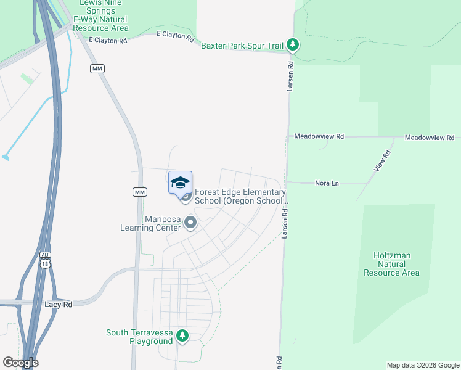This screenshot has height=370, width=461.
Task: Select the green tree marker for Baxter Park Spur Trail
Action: click(294, 45)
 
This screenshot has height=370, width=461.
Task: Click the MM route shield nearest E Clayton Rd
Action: click(97, 68)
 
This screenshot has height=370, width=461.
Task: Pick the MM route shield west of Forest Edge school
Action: click(140, 192)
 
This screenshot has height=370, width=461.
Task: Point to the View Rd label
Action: click(382, 161)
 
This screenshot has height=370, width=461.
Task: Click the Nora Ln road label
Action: click(327, 183)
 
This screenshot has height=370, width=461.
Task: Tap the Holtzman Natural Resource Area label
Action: click(396, 264)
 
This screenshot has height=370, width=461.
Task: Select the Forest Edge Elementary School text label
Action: click(241, 196)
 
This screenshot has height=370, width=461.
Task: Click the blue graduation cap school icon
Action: click(180, 183)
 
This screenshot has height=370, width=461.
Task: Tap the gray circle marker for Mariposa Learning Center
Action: click(190, 223)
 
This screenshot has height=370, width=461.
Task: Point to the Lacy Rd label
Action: click(59, 305)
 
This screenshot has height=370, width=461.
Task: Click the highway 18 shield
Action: click(44, 263)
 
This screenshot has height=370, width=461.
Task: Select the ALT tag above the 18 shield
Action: click(44, 255)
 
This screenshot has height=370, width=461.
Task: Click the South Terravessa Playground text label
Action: click(139, 337)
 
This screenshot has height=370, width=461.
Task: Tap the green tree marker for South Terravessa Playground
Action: click(182, 336)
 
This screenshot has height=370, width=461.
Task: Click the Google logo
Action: click(20, 363)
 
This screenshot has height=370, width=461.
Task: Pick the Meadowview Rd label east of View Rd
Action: click(429, 137)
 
